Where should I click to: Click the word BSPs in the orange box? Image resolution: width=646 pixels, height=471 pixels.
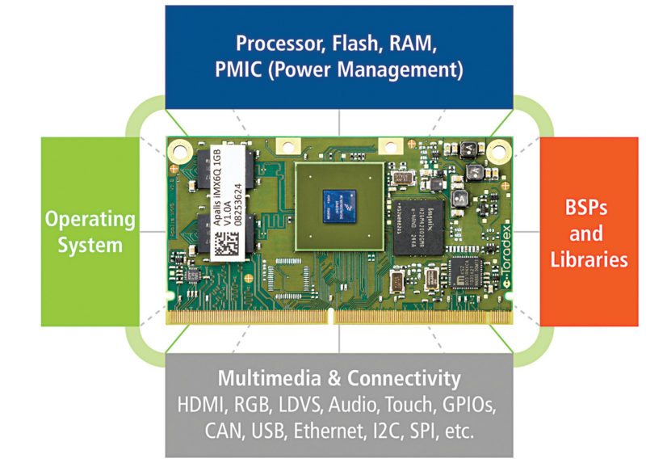587,208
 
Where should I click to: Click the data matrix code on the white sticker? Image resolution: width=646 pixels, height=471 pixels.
228,242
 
